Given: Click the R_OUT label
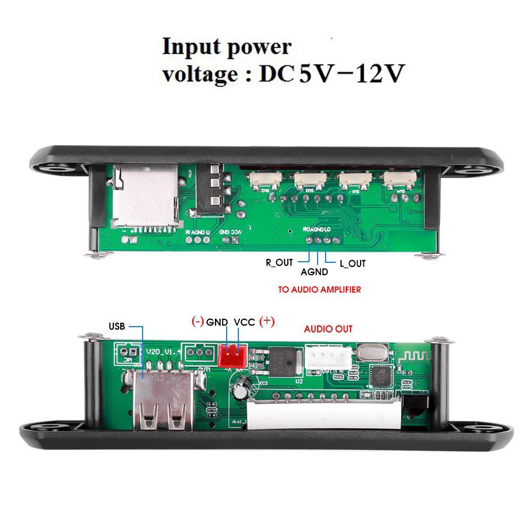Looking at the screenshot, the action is (x=279, y=262).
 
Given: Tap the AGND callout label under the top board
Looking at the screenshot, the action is (x=314, y=271).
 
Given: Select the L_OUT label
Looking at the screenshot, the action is (x=352, y=263).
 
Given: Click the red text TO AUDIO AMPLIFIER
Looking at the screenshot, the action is (x=319, y=290).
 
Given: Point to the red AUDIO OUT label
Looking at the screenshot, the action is (x=328, y=329).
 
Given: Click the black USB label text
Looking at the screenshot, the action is (x=117, y=326).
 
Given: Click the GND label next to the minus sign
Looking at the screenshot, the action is (x=217, y=322).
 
